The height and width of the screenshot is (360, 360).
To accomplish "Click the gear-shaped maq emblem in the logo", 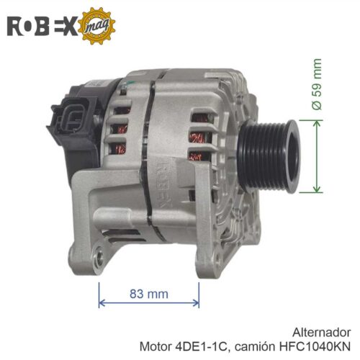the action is coord(96,26).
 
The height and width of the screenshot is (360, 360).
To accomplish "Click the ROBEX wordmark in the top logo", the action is coord(42,26).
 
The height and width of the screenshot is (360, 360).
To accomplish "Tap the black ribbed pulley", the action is coord(269,156).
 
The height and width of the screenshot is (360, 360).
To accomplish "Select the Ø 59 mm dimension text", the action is coord(317,84).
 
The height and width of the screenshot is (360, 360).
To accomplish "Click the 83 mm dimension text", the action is coord(149,294).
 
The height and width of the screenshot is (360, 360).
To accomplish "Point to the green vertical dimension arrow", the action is coord(317,156).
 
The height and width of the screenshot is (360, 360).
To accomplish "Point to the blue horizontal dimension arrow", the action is coord(149,303).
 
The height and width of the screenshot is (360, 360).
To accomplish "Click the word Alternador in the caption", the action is coord(321,333).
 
